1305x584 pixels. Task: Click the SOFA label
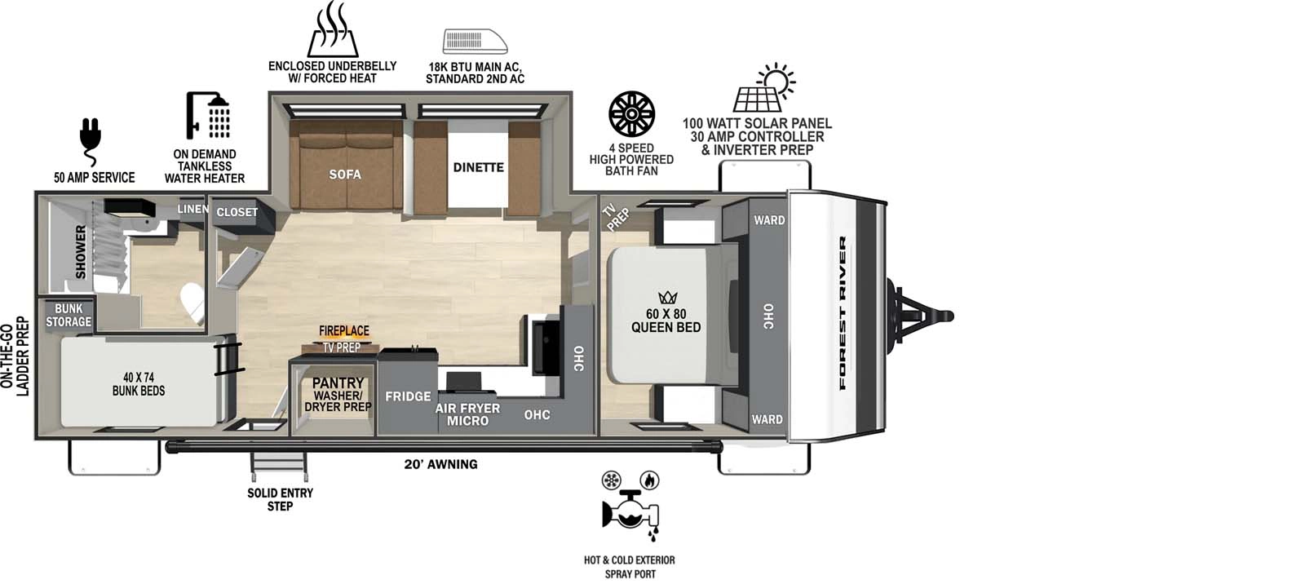click(x=345, y=174)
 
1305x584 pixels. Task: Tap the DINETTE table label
click(x=478, y=167)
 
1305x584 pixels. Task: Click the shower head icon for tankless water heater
click(x=209, y=115)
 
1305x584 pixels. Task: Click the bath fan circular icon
click(x=631, y=114)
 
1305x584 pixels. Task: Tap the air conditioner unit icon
click(x=475, y=41)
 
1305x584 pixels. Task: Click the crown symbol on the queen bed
click(x=667, y=297)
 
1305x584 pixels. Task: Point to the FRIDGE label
click(x=408, y=396)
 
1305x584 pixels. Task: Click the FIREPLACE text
click(x=343, y=330)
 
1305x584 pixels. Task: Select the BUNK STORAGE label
click(x=69, y=316)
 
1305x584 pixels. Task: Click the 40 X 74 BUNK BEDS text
click(x=139, y=384)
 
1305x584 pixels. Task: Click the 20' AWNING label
click(x=440, y=464)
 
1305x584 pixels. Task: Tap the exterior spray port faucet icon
click(x=630, y=511)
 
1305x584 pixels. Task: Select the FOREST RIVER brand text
click(x=843, y=313)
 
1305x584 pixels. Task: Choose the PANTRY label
click(x=338, y=383)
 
